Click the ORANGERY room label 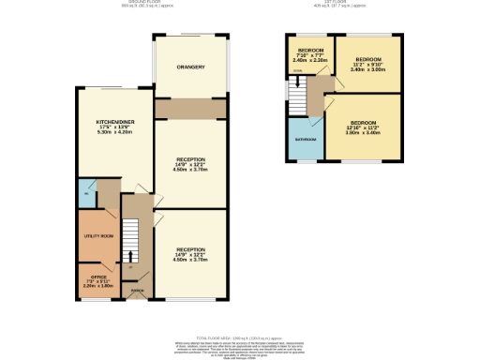click(190, 67)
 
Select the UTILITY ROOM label click(97, 236)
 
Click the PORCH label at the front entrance click(137, 291)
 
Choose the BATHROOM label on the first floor click(306, 140)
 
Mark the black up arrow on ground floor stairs click(130, 255)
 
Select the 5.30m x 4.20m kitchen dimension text click(116, 132)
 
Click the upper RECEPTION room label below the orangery click(190, 160)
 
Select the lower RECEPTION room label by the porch click(190, 250)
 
